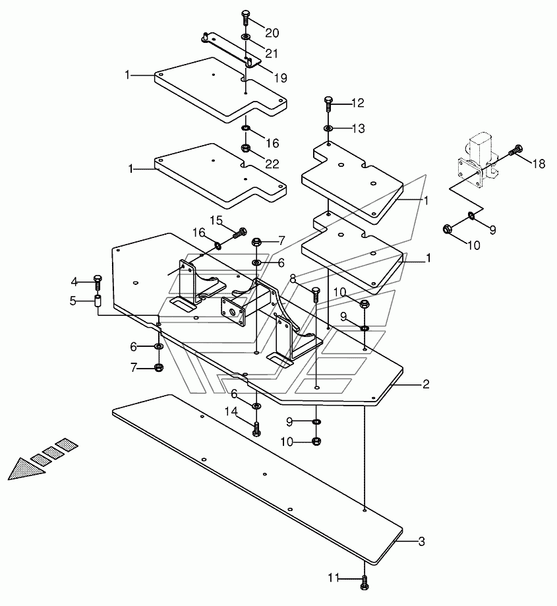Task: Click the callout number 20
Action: point(272,33)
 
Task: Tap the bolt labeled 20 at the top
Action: point(246,19)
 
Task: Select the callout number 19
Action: point(280,78)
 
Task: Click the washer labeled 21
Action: point(246,37)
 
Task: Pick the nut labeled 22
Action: point(245,148)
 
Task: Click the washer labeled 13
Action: point(328,128)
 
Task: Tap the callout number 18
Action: point(539,164)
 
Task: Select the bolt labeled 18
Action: point(516,150)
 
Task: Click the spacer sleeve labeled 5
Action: point(98,301)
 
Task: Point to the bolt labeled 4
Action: point(98,283)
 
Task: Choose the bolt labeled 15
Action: point(239,233)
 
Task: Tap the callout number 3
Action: point(421,541)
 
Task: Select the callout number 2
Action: point(426,384)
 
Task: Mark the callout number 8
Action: point(293,279)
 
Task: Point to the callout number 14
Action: point(231,412)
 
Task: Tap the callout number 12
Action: point(358,103)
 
